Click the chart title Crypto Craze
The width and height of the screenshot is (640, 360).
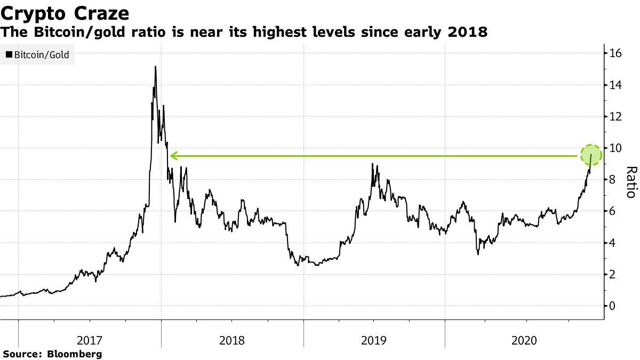point(65,12)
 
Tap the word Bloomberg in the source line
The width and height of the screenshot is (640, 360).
point(75,354)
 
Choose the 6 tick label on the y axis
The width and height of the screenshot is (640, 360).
point(612,211)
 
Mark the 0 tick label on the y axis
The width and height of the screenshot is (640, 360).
point(612,306)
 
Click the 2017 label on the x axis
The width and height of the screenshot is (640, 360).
point(90,340)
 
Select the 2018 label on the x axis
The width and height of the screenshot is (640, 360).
point(232,340)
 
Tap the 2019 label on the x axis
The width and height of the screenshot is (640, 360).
point(374,340)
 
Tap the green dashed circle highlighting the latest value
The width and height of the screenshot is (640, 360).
point(590,156)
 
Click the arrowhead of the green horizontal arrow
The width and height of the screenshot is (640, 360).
point(173,156)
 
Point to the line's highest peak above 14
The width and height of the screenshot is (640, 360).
point(155,67)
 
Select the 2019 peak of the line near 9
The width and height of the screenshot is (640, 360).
point(372,164)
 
